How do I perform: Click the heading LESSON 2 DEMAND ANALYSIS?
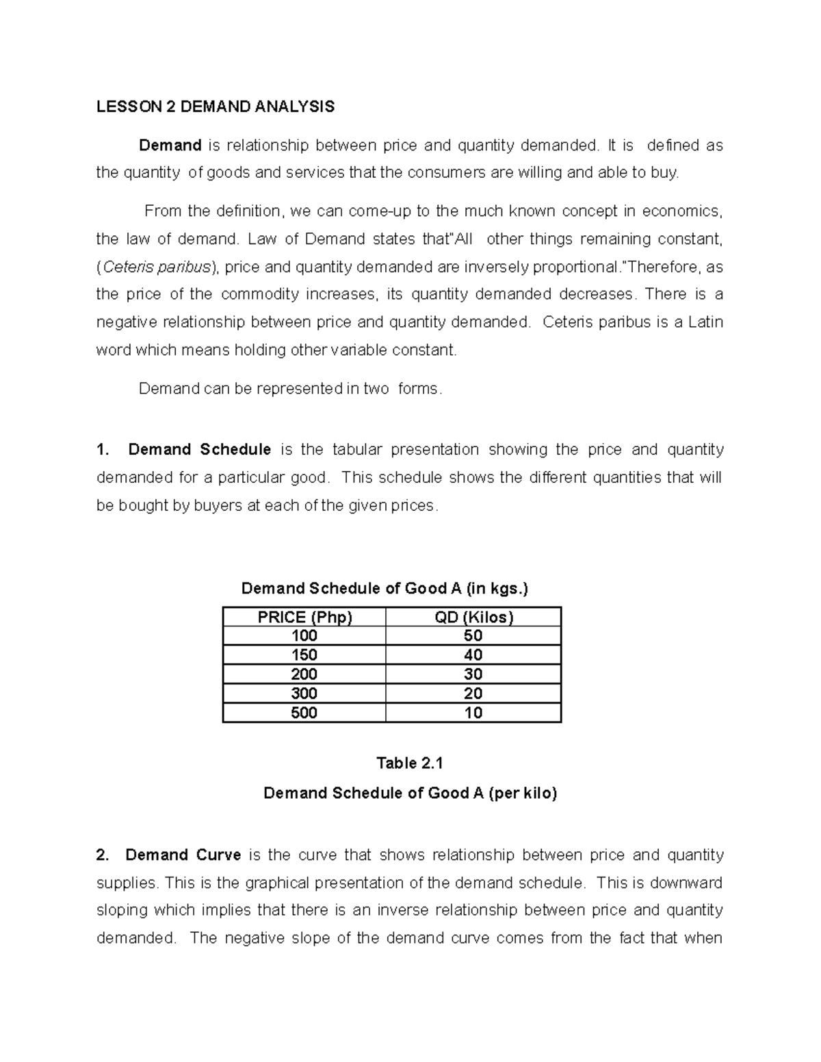coord(216,107)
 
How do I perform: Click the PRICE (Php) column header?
coord(304,618)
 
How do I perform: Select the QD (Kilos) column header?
coord(473,618)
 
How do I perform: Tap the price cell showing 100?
coord(304,636)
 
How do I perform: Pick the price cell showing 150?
coord(304,655)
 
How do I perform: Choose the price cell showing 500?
coord(304,713)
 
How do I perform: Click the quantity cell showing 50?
coord(473,636)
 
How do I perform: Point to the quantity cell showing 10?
coord(473,713)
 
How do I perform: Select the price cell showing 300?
coord(304,693)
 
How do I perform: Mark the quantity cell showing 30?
coord(473,674)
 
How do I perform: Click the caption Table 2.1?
coord(410,763)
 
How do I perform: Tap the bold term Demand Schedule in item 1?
coord(200,450)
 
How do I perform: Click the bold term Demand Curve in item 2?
coord(183,855)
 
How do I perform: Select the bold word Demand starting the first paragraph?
coord(170,146)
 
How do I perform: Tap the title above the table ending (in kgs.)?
coord(385,589)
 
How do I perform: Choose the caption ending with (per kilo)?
coord(410,793)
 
